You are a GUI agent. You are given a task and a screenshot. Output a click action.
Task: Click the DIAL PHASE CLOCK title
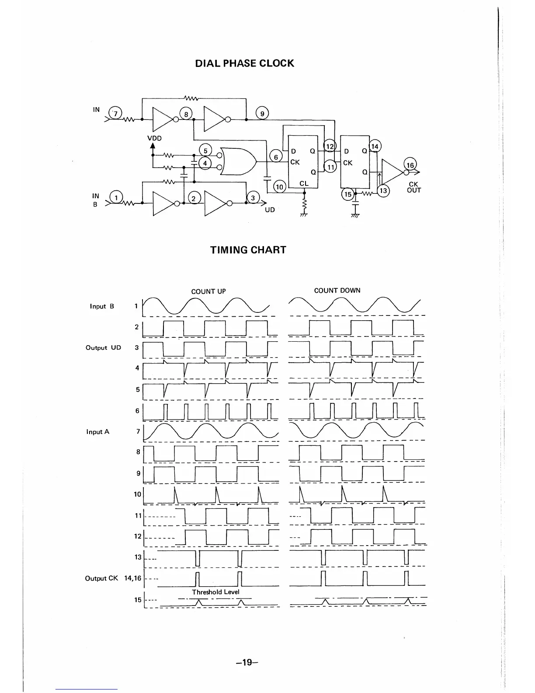pyautogui.click(x=244, y=63)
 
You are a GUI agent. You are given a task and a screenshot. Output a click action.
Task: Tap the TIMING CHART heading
pyautogui.click(x=248, y=250)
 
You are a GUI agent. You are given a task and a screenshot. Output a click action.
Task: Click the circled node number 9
pyautogui.click(x=262, y=114)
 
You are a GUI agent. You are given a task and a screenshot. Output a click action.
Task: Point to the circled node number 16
pyautogui.click(x=410, y=165)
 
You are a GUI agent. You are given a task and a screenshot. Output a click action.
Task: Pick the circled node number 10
pyautogui.click(x=279, y=187)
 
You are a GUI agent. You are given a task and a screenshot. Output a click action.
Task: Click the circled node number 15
pyautogui.click(x=347, y=195)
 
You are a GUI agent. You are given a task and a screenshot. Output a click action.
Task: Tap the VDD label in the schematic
pyautogui.click(x=154, y=138)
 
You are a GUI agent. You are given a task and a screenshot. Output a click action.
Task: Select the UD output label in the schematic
pyautogui.click(x=270, y=210)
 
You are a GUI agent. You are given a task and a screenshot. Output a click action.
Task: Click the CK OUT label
pyautogui.click(x=414, y=187)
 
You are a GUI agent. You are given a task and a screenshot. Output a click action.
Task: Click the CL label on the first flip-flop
pyautogui.click(x=304, y=184)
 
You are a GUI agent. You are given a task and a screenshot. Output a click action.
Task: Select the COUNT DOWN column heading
pyautogui.click(x=337, y=290)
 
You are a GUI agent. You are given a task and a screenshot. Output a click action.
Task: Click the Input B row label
pyautogui.click(x=102, y=306)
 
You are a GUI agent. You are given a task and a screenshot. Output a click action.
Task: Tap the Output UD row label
pyautogui.click(x=103, y=348)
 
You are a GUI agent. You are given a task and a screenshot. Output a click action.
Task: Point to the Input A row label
pyautogui.click(x=98, y=432)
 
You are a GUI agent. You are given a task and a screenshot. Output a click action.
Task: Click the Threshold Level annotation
pyautogui.click(x=215, y=592)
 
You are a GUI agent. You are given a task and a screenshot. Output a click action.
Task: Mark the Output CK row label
pyautogui.click(x=101, y=578)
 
